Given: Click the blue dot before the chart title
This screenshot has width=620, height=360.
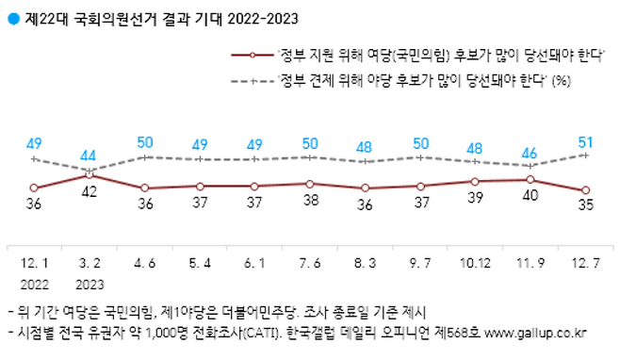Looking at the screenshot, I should click(12, 15).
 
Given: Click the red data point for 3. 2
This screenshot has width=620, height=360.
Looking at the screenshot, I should click(90, 174).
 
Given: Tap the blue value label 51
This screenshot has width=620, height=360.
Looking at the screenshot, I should click(585, 142).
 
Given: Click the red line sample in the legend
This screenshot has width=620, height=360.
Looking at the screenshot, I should click(253, 56).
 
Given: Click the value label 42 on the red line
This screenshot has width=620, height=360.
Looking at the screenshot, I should click(90, 192).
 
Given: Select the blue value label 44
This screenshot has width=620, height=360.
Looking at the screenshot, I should click(90, 155).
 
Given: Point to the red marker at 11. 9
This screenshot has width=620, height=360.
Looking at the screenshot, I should click(530, 179).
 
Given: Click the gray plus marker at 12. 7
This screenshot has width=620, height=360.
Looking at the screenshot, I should click(585, 155).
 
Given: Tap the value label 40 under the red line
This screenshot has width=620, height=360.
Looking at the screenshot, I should click(530, 195).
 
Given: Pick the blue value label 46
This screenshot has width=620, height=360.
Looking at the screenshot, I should click(530, 151).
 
